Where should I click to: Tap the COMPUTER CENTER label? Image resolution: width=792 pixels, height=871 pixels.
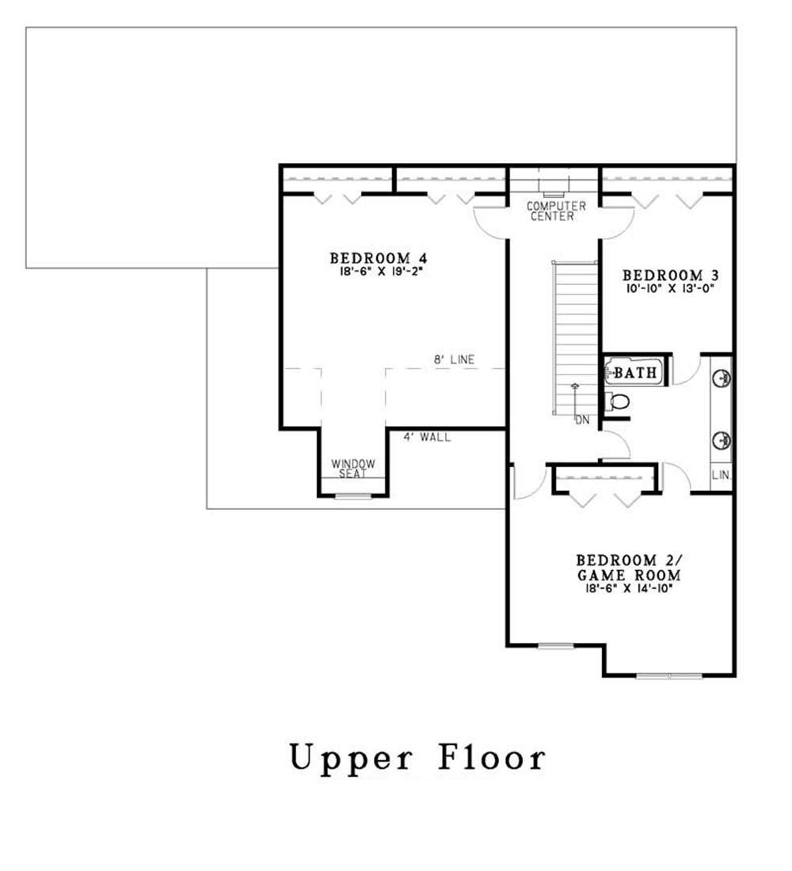tap(557, 211)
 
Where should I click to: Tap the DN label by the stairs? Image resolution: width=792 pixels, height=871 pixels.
tap(582, 420)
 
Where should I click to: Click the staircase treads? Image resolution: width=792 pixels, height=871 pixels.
tap(575, 333)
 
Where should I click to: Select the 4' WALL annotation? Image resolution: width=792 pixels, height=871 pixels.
tap(427, 436)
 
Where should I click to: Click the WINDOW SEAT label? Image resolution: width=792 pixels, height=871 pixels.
tap(352, 468)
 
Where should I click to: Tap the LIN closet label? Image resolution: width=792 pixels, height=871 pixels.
tap(721, 476)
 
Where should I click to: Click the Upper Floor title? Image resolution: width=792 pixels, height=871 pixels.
tap(417, 758)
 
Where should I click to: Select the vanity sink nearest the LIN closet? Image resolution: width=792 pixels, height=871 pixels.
tap(722, 439)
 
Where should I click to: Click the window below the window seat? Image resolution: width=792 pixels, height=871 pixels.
tap(352, 496)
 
